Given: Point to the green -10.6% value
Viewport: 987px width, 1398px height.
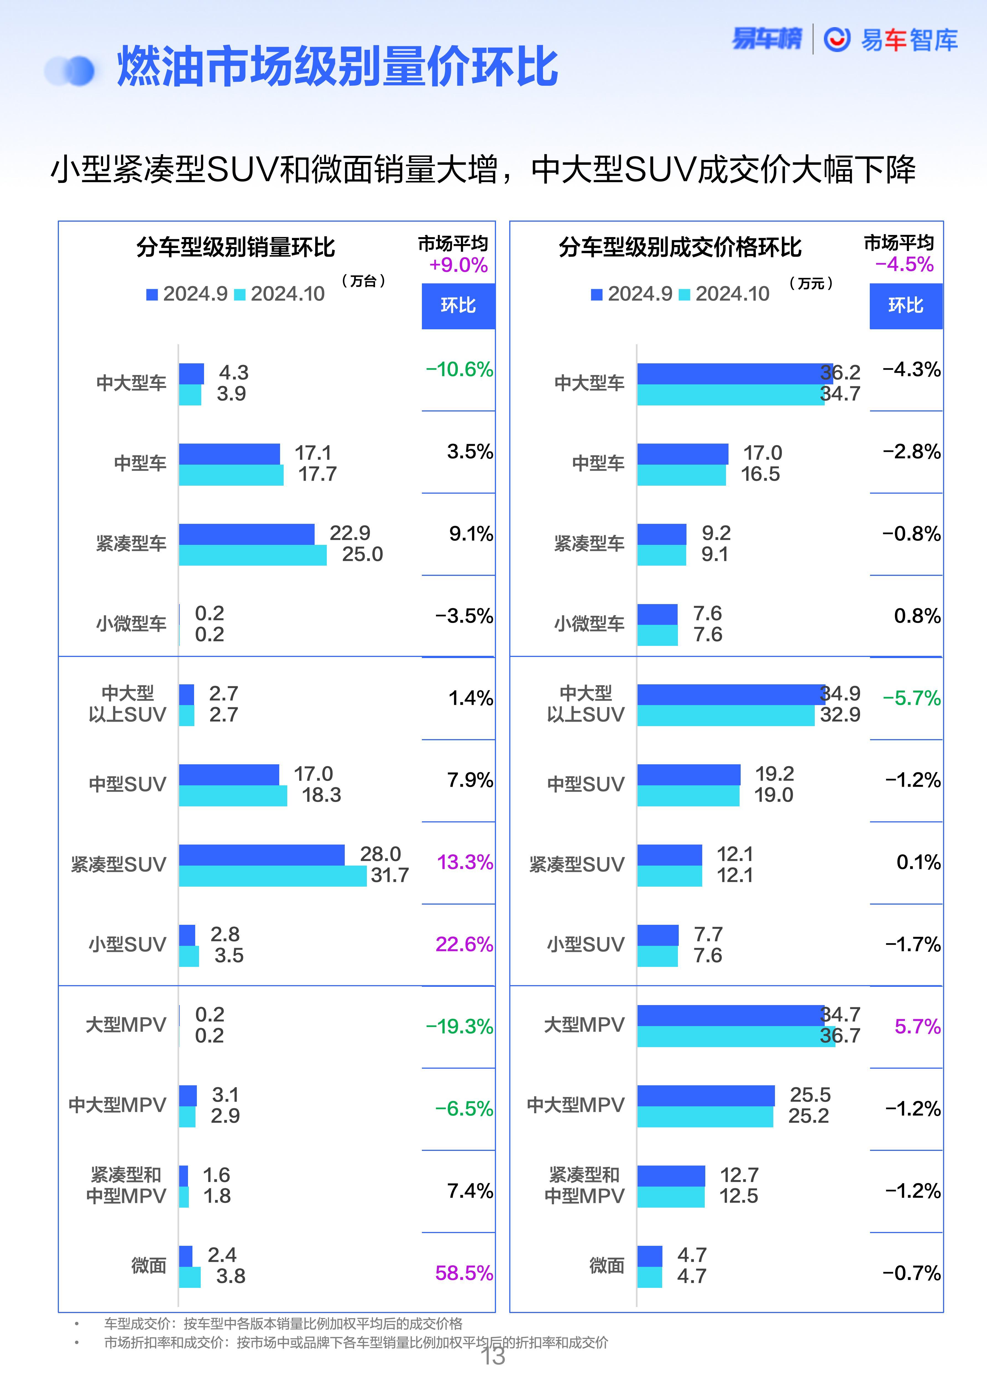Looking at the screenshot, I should coord(459,370).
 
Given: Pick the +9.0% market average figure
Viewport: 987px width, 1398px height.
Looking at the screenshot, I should coord(458,265).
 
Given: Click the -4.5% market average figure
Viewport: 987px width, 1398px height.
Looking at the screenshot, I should coord(904,264).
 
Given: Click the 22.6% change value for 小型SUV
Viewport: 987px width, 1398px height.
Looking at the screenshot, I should coord(464,944).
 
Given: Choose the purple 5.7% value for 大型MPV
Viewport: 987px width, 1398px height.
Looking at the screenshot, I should coord(917,1027).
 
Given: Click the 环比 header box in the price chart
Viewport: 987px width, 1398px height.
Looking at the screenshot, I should coord(905,306).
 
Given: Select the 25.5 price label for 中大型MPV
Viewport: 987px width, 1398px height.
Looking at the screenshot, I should coord(810,1095).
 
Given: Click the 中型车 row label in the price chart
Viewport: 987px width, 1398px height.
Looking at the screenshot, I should coord(598,463).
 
